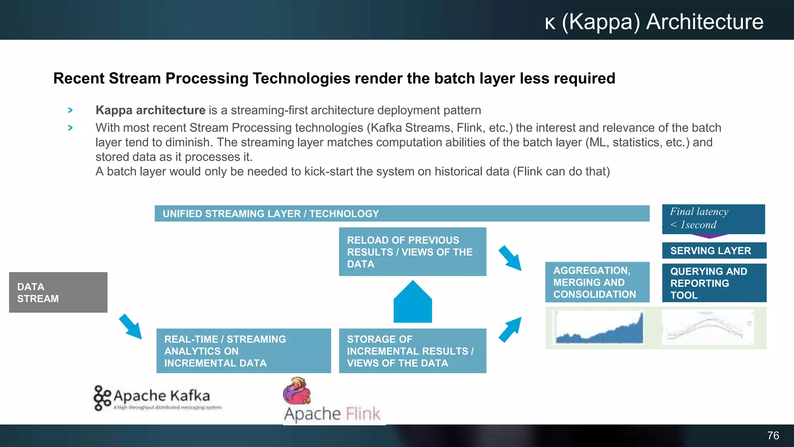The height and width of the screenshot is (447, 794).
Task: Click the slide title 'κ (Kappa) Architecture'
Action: pos(654,22)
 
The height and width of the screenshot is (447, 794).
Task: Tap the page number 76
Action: pos(773,435)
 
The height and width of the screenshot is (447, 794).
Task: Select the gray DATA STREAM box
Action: pos(58,292)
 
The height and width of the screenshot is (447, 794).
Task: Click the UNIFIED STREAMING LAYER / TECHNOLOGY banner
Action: pos(402,213)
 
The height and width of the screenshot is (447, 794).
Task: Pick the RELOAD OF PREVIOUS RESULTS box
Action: pos(412,252)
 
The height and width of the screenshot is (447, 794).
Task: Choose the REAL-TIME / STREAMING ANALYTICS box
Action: pos(243,351)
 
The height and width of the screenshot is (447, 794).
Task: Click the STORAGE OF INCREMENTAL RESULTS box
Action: pos(412,351)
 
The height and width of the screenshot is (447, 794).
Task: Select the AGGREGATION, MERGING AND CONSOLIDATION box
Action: pos(597,282)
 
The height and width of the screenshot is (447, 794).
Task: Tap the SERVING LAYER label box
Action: pos(714,251)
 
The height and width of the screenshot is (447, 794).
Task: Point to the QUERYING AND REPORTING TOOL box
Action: pos(714,283)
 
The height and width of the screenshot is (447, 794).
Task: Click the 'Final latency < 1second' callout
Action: pos(713,218)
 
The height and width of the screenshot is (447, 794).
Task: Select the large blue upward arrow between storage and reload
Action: pos(413,303)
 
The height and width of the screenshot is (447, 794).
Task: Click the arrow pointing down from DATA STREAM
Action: pos(131,327)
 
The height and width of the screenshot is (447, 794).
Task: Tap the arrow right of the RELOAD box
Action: pos(510,258)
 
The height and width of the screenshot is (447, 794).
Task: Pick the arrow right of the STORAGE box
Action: pos(510,329)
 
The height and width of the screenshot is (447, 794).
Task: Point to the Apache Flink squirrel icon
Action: pos(297,391)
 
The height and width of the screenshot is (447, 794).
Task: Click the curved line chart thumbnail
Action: pos(708,328)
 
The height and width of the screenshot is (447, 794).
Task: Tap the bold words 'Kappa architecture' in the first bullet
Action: pos(150,110)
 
